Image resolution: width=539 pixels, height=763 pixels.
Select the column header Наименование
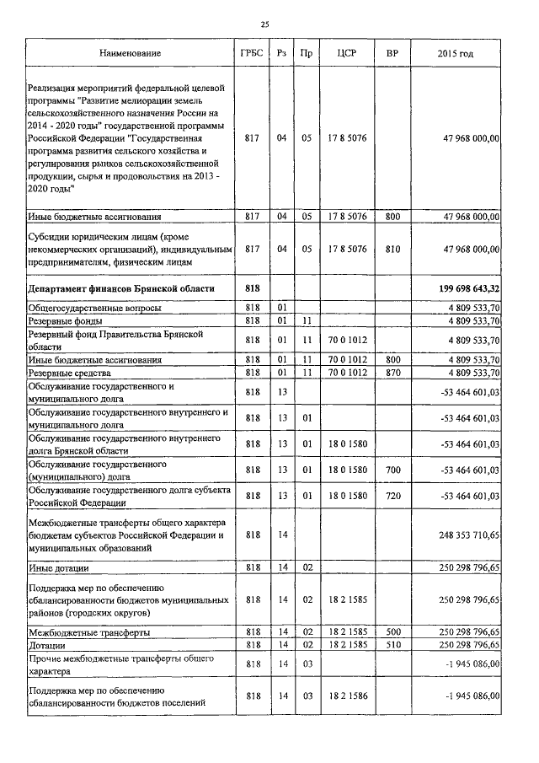[x=130, y=54]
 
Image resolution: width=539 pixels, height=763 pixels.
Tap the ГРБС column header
[x=251, y=54]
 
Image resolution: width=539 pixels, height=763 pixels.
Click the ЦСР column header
[x=346, y=54]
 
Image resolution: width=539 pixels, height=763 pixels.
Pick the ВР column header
[x=392, y=54]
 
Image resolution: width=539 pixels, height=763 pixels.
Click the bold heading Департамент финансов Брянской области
[x=120, y=289]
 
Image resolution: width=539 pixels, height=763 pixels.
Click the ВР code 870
[x=392, y=373]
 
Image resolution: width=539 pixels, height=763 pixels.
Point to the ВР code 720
[x=392, y=496]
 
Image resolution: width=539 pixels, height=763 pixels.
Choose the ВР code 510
[x=392, y=645]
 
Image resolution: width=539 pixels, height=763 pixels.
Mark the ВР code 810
[x=392, y=250]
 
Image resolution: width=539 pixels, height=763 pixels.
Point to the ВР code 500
[x=392, y=631]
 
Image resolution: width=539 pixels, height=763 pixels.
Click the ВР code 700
[x=392, y=470]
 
